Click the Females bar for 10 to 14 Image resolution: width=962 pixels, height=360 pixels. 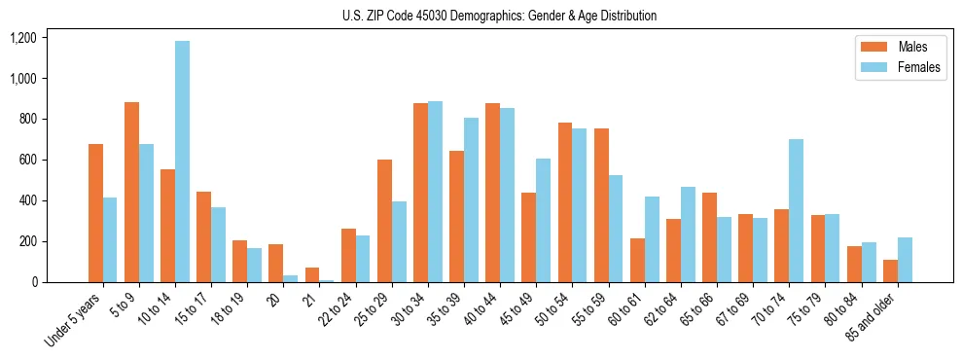coord(183,162)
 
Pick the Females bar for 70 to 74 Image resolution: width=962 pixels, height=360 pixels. coord(796,210)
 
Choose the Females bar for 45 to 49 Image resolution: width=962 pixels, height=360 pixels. coord(543,220)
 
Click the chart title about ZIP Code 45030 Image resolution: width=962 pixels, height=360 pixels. coord(499,16)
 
